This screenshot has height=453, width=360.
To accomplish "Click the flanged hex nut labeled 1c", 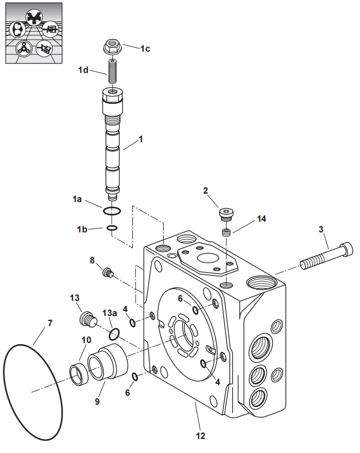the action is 113,47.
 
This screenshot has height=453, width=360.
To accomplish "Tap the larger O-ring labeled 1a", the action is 112,211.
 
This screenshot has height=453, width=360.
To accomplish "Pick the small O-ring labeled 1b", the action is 112,228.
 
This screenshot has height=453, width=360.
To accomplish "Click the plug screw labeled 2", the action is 226,214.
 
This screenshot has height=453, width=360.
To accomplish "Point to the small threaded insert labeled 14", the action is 227,232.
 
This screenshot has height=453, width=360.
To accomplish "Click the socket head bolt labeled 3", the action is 327,256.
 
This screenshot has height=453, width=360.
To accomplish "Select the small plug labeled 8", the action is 108,272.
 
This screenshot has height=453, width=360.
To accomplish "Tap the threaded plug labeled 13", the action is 88,319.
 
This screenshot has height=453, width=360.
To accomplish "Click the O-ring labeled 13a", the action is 114,334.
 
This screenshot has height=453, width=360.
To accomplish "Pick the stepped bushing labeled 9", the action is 108,362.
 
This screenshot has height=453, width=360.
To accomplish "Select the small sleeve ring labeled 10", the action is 79,375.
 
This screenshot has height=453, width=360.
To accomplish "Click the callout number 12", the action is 200,436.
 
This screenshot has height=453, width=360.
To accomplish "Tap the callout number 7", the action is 50,323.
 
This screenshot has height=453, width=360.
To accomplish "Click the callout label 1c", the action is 145,48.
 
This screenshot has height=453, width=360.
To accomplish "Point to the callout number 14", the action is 261,219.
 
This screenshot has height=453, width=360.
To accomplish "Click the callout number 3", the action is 321,230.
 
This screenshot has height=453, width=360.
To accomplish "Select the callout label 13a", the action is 110,313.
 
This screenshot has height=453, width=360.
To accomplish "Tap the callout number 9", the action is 97,401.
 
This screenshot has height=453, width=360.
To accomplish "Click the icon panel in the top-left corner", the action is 34,33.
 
